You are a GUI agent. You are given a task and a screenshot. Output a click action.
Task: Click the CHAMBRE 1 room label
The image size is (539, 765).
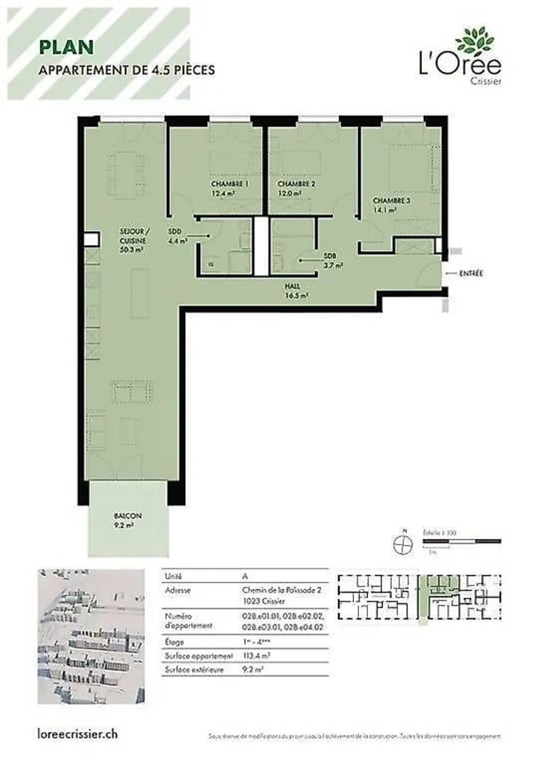pyautogui.click(x=229, y=184)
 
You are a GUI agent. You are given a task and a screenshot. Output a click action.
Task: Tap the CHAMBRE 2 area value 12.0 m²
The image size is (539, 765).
pyautogui.click(x=289, y=194)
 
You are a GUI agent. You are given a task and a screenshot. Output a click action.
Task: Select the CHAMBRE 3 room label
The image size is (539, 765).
pyautogui.click(x=391, y=201)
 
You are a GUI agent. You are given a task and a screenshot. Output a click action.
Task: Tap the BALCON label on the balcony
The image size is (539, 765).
pyautogui.click(x=128, y=516)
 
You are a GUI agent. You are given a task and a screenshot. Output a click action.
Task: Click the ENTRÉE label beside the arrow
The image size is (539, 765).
pyautogui.click(x=471, y=274)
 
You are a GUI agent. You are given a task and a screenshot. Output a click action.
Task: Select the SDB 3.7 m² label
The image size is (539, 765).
pyautogui.click(x=332, y=261)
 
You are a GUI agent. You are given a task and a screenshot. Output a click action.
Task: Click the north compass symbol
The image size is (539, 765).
pyautogui.click(x=403, y=544)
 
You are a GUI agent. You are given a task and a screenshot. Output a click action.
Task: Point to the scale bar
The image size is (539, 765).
pyautogui.click(x=462, y=541)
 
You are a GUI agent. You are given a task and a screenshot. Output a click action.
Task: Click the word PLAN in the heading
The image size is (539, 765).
pyautogui.click(x=66, y=48)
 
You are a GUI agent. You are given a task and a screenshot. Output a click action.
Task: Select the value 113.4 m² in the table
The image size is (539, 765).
pyautogui.click(x=256, y=656)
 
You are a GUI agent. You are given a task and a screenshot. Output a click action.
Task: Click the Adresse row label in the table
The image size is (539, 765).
pyautogui.click(x=178, y=590)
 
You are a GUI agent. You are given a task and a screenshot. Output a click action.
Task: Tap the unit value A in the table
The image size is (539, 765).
pyautogui.click(x=245, y=576)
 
